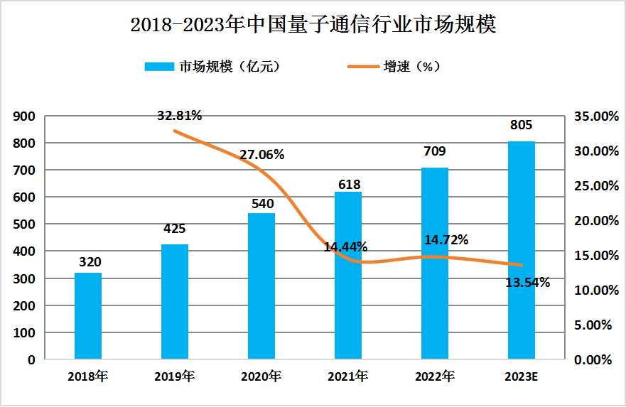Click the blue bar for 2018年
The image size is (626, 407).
[x=88, y=316]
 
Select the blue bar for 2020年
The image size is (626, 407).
[x=261, y=286]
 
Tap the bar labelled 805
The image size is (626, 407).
[x=522, y=250]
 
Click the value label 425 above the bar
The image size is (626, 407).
[x=174, y=229]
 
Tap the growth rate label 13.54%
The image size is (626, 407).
[x=527, y=283]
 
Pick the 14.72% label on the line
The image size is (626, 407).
[x=446, y=240]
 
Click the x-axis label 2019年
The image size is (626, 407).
[x=174, y=376]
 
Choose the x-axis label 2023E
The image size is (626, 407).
[x=521, y=376]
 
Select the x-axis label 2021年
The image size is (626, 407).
[x=348, y=376]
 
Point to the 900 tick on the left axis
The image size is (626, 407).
[x=26, y=116]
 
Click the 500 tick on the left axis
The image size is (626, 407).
[x=26, y=224]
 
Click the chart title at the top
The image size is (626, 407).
[x=313, y=25]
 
